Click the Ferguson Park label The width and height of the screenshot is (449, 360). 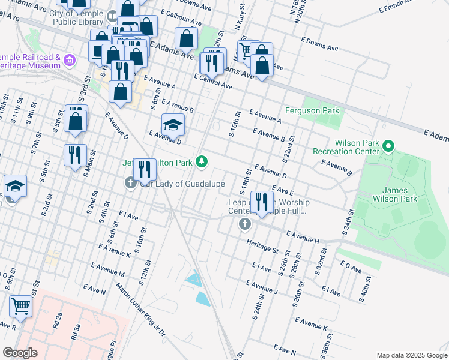pyautogui.click(x=312, y=110)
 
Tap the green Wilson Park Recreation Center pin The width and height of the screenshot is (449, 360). pyautogui.click(x=388, y=146)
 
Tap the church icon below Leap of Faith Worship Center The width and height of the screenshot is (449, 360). pyautogui.click(x=244, y=224)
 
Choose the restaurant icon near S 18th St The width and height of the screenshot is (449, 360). pyautogui.click(x=261, y=201)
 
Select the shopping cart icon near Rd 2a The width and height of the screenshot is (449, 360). pyautogui.click(x=21, y=307)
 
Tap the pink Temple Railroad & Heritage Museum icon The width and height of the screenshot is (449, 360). pyautogui.click(x=70, y=60)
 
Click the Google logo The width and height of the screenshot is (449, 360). pyautogui.click(x=20, y=352)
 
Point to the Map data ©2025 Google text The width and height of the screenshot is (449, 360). pyautogui.click(x=411, y=355)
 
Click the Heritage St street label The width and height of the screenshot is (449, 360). pyautogui.click(x=263, y=245)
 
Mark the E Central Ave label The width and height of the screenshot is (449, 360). pyautogui.click(x=212, y=82)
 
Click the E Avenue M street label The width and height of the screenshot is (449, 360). pyautogui.click(x=107, y=269)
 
